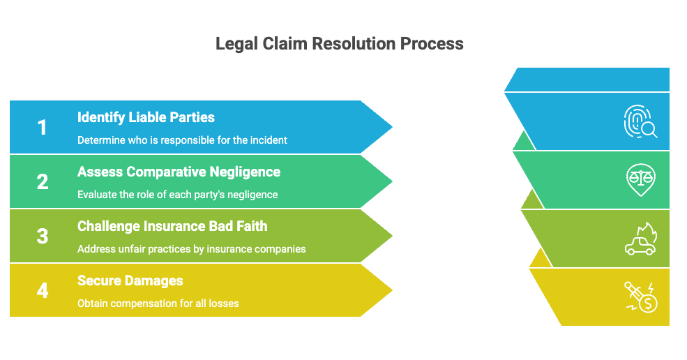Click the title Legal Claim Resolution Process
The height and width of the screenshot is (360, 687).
click(340, 44)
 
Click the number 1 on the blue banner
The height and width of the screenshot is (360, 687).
click(42, 128)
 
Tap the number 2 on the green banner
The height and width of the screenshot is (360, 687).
click(43, 182)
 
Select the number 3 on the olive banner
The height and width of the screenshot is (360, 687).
click(43, 237)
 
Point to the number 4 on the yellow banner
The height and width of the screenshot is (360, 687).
click(43, 291)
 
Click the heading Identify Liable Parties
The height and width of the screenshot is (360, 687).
click(146, 117)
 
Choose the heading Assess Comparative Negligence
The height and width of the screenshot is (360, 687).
click(179, 172)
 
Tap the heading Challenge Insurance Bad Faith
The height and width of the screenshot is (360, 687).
click(172, 226)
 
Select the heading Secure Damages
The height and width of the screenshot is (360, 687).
click(130, 280)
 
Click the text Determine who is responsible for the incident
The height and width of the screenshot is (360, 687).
click(182, 140)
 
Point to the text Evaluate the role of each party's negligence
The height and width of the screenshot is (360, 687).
click(177, 195)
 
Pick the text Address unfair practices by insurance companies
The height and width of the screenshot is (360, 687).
click(192, 249)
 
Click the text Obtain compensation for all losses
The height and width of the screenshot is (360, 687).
click(158, 303)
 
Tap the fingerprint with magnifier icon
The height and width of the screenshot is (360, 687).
click(640, 121)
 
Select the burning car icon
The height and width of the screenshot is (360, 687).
click(640, 239)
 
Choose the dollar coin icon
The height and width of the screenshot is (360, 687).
click(640, 297)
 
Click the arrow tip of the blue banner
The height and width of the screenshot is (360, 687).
click(392, 127)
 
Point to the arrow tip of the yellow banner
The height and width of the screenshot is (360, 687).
click(392, 290)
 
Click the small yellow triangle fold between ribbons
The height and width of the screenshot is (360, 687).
click(541, 260)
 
